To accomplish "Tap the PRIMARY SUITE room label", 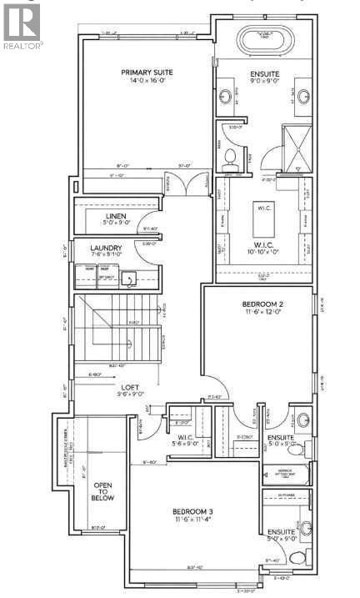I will pyautogui.click(x=139, y=72).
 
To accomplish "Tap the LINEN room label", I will pyautogui.click(x=115, y=215).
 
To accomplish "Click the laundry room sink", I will pyautogui.click(x=129, y=278).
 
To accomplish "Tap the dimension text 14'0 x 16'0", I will pyautogui.click(x=139, y=82).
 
